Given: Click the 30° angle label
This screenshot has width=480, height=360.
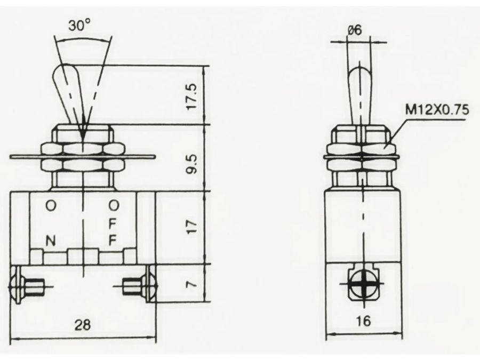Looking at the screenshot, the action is (79, 26).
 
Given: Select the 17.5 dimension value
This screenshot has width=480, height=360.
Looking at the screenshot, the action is (192, 97).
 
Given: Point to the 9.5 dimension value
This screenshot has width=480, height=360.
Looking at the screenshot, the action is (192, 164).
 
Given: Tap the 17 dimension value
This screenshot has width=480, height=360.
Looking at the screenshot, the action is (192, 227).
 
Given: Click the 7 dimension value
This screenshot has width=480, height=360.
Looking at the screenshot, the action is (192, 284).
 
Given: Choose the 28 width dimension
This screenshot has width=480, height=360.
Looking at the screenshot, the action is (83, 324).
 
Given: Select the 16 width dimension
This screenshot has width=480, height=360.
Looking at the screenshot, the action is (363, 321).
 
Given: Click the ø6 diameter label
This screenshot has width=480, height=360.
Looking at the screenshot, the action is (355, 30).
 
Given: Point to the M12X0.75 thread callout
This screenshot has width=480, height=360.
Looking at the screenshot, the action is (437, 109).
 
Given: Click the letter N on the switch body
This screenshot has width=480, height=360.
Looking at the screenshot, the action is (51, 241).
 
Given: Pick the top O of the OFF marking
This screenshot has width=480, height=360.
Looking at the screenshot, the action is (114, 205).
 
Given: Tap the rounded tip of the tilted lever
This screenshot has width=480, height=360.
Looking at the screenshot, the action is (63, 71).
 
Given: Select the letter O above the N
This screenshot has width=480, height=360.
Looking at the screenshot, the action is (51, 205).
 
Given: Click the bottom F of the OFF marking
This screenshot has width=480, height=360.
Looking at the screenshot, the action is (113, 241).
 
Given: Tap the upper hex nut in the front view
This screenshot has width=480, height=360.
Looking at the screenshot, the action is (83, 148).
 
